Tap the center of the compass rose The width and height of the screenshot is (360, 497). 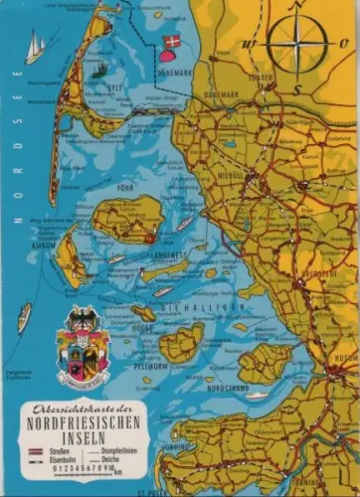pyautogui.click(x=297, y=46)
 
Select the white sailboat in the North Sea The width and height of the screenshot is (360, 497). pyautogui.click(x=35, y=48)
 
